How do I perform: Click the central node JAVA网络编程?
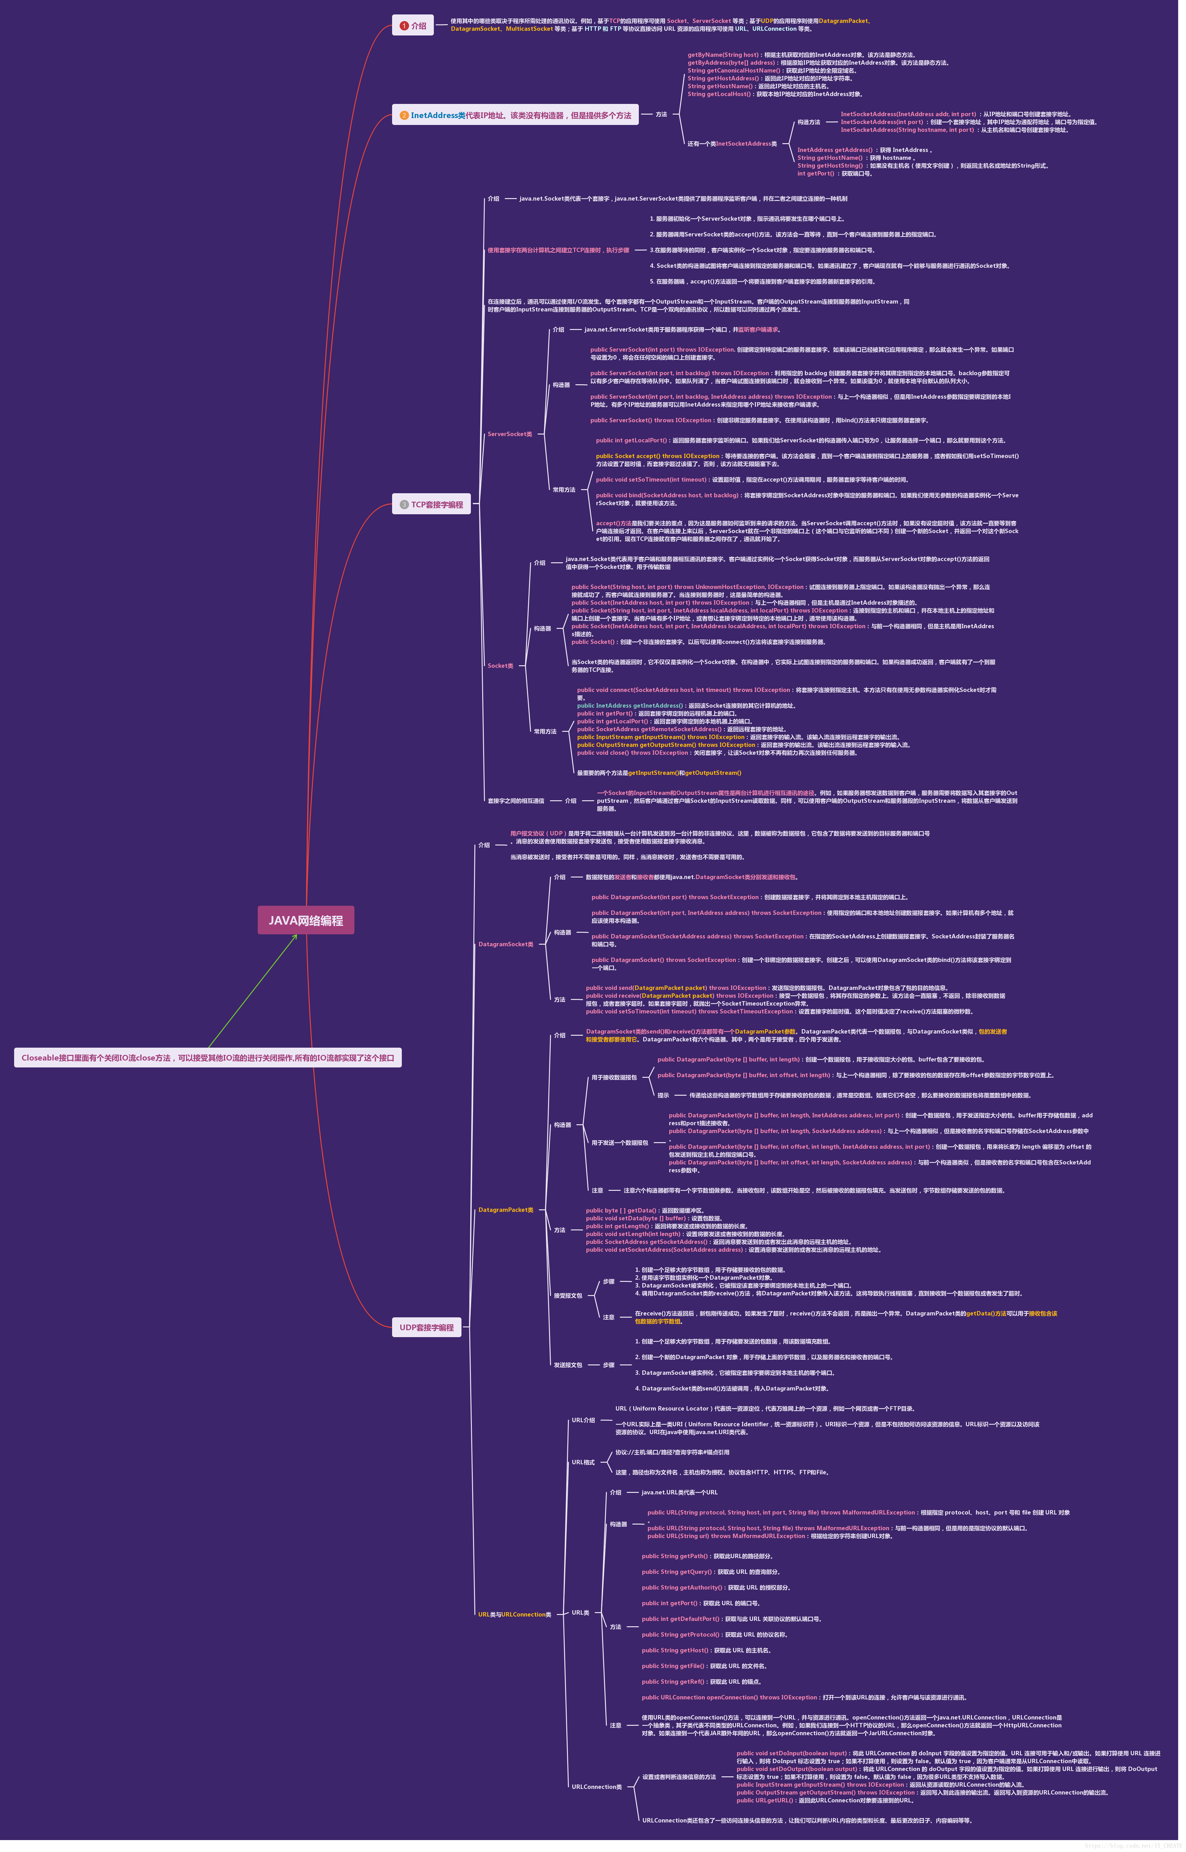306,920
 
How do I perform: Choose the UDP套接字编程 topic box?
427,1327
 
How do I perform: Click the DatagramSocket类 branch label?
505,944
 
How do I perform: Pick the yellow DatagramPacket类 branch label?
505,1210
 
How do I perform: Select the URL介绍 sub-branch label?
583,1420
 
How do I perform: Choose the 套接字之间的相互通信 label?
515,801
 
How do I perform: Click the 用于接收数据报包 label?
614,1077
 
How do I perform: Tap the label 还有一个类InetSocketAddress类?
732,144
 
